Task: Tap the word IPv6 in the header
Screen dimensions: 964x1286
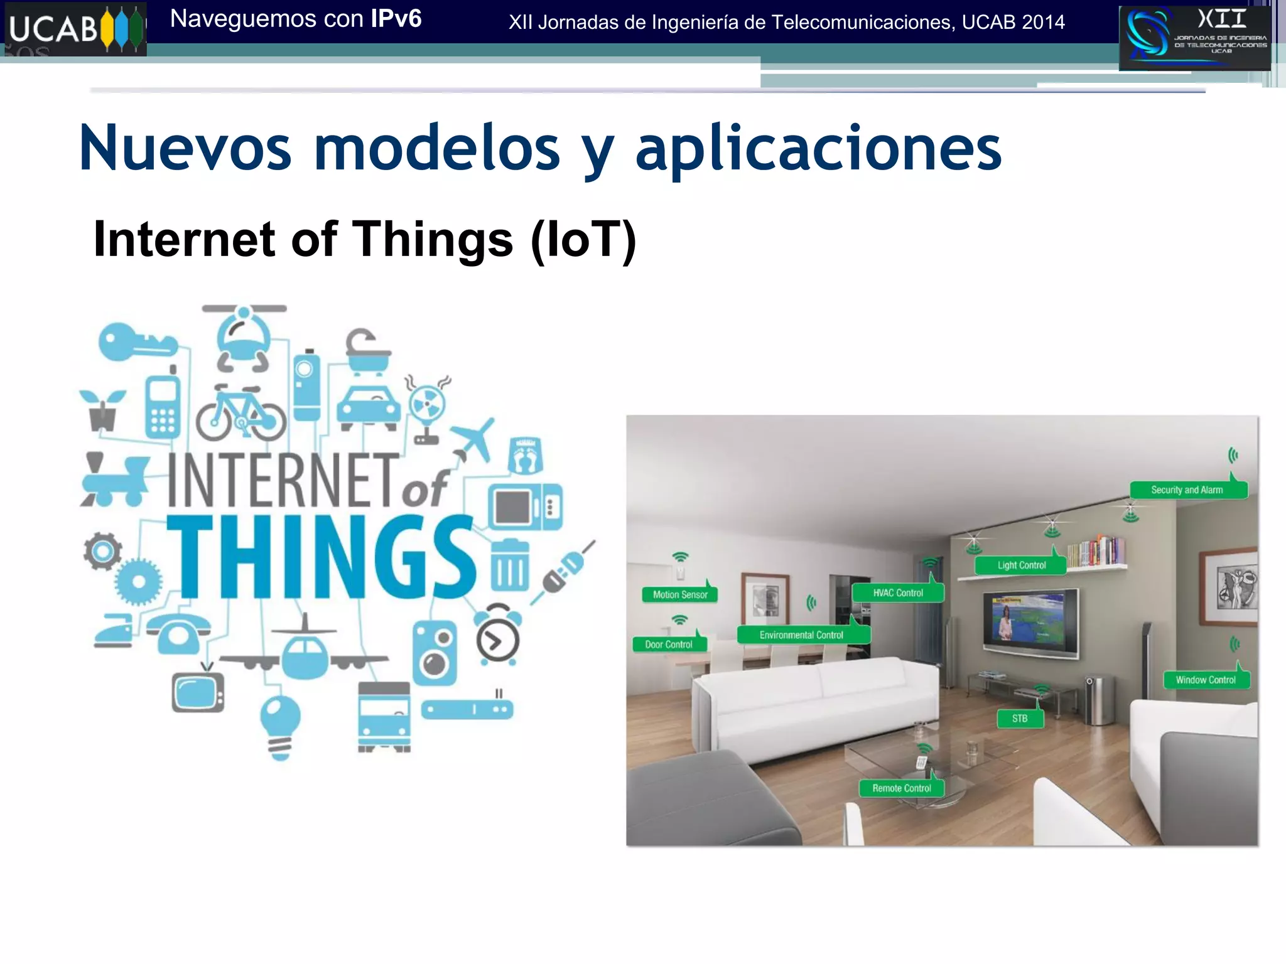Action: click(x=396, y=19)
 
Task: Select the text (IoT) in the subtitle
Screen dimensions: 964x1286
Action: click(x=583, y=239)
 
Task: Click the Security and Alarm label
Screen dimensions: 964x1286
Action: click(x=1187, y=490)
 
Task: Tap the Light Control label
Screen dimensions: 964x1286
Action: click(x=1021, y=565)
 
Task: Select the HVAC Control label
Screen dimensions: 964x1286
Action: click(x=898, y=593)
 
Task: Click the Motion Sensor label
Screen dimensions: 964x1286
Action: click(x=679, y=594)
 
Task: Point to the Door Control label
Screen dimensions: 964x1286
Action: click(x=669, y=645)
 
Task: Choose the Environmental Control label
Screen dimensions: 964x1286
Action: click(x=801, y=635)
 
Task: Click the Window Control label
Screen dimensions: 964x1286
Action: click(x=1206, y=680)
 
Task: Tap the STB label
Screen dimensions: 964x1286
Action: click(x=1020, y=719)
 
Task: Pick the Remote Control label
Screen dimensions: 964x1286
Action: click(x=901, y=788)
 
